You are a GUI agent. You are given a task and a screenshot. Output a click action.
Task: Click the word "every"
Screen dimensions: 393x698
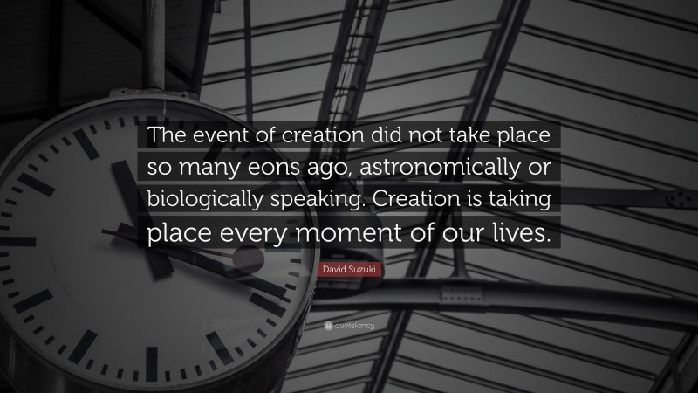click(285, 233)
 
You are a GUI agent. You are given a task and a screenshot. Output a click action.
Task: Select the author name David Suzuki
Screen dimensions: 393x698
click(348, 276)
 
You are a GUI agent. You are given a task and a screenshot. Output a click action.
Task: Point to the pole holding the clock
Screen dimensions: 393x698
click(158, 39)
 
